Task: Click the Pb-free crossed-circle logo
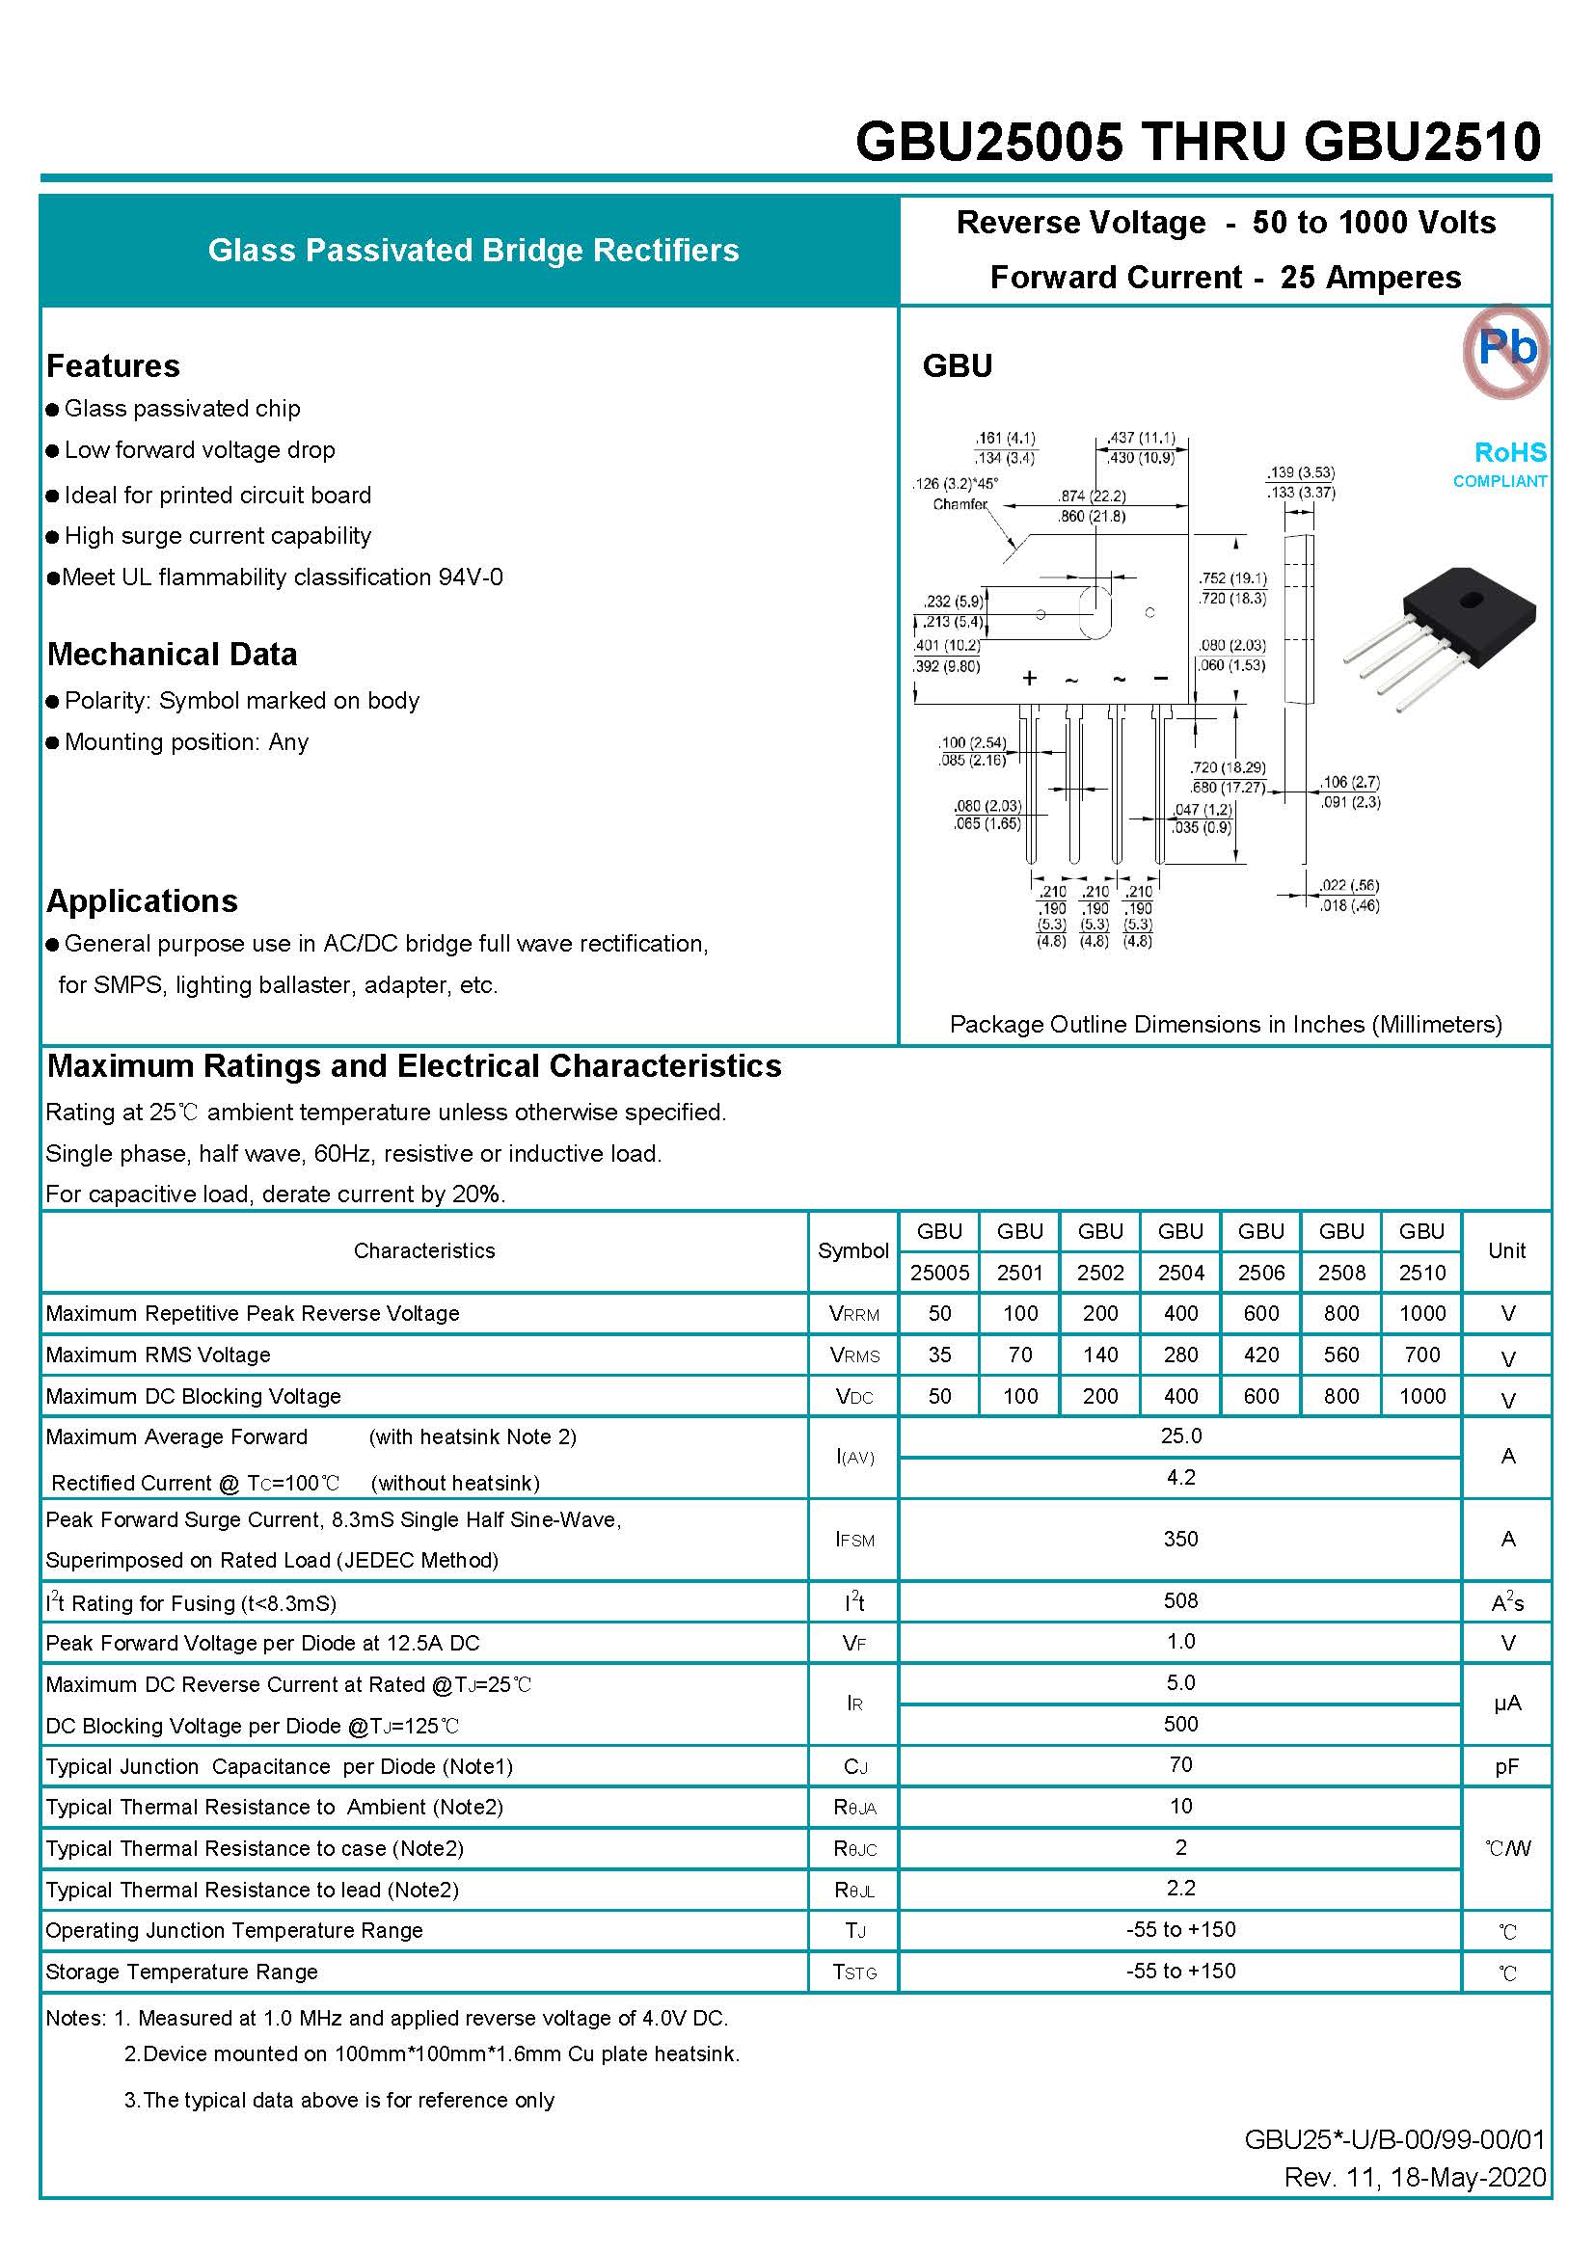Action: pos(1504,351)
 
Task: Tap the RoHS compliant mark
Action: pos(1508,463)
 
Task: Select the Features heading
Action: pos(113,366)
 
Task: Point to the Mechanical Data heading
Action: pos(172,655)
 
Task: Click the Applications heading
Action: pos(143,901)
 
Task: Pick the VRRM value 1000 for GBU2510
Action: pos(1421,1313)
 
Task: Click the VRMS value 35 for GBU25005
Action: pos(939,1355)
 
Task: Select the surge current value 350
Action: pos(1179,1540)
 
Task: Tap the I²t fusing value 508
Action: pos(1179,1601)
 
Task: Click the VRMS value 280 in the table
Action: pos(1179,1355)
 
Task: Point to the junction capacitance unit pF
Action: pos(1506,1767)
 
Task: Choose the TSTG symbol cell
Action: pos(853,1972)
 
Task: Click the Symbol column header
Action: pos(852,1250)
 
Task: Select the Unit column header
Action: pos(1506,1250)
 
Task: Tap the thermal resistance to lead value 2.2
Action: pos(1179,1888)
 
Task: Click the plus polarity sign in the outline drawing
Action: pos(1029,679)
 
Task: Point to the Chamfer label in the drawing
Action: pos(960,504)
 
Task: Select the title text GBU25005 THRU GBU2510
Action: pos(1198,142)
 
